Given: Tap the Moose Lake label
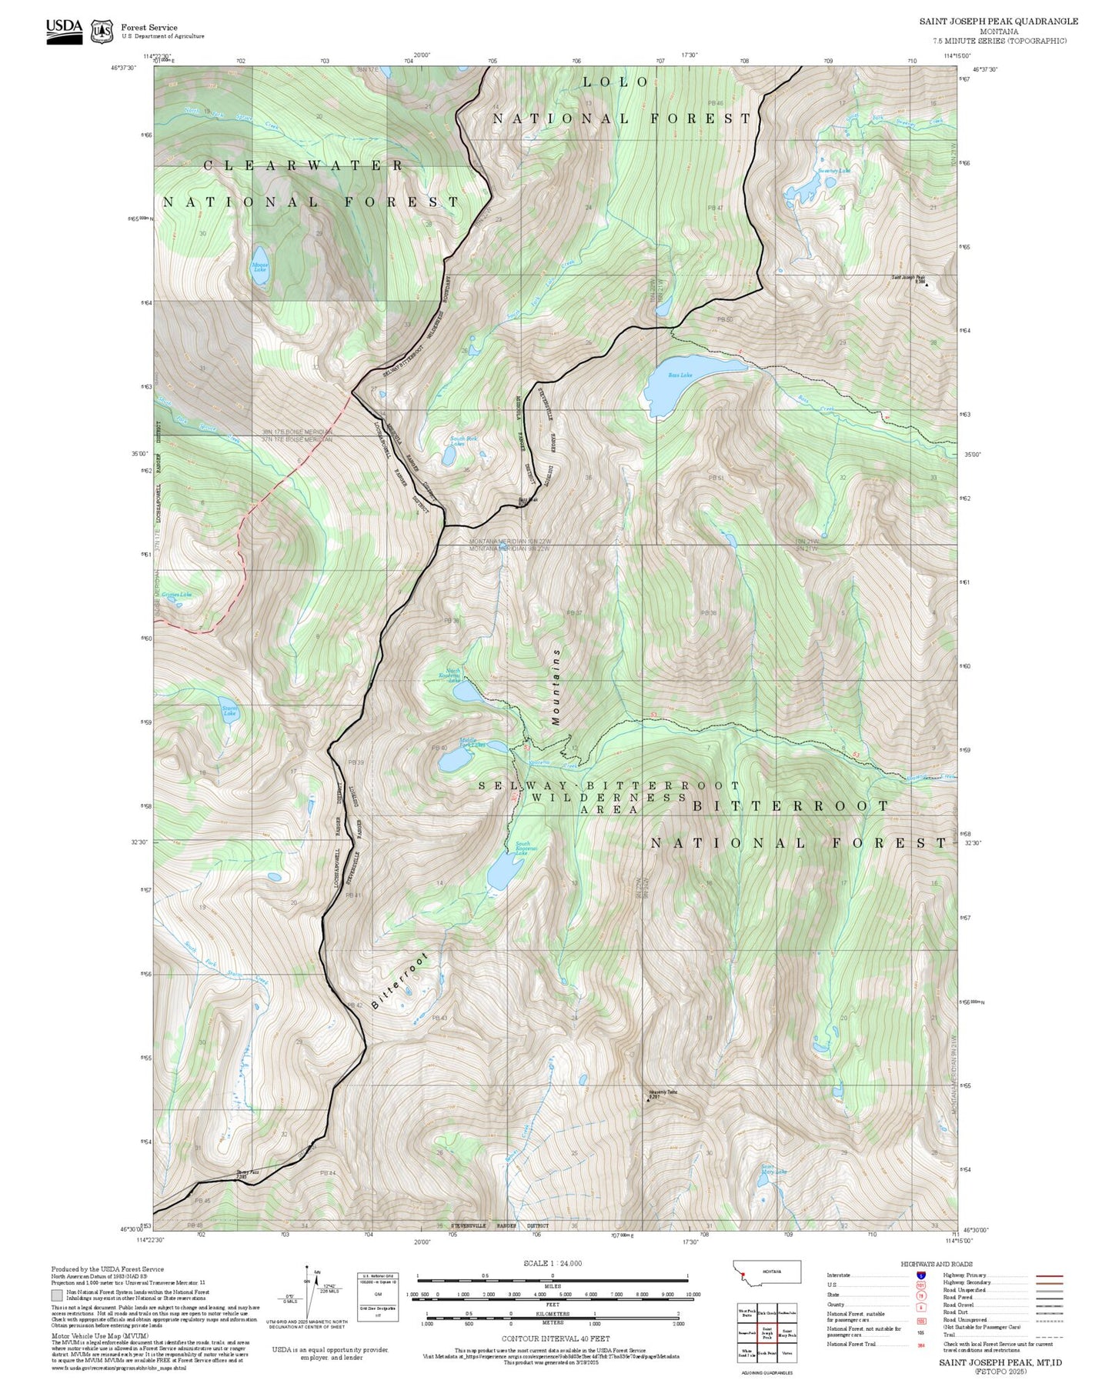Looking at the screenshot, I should pos(260,267).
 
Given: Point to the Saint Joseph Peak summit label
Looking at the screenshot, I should pos(909,279).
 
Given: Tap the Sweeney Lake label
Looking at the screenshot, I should pos(833,171).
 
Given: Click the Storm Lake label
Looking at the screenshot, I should pos(229,711).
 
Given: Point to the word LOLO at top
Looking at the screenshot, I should pos(616,82).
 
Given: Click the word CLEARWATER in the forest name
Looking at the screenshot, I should pos(304,165).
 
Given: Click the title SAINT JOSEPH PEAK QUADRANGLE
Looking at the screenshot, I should pos(998,22).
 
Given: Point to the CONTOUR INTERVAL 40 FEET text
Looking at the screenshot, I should pos(556,1339).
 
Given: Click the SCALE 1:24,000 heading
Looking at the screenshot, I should pos(552,1263).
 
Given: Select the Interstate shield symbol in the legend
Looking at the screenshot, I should pos(920,1275).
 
